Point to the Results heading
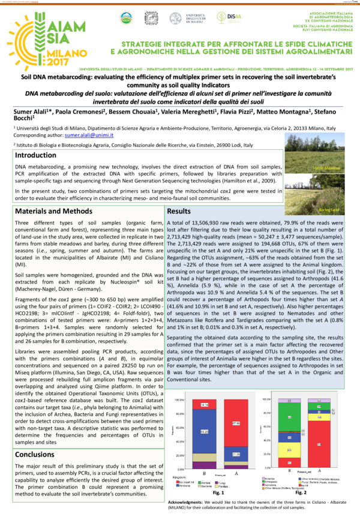coord(179,212)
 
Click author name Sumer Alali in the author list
coord(31,112)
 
